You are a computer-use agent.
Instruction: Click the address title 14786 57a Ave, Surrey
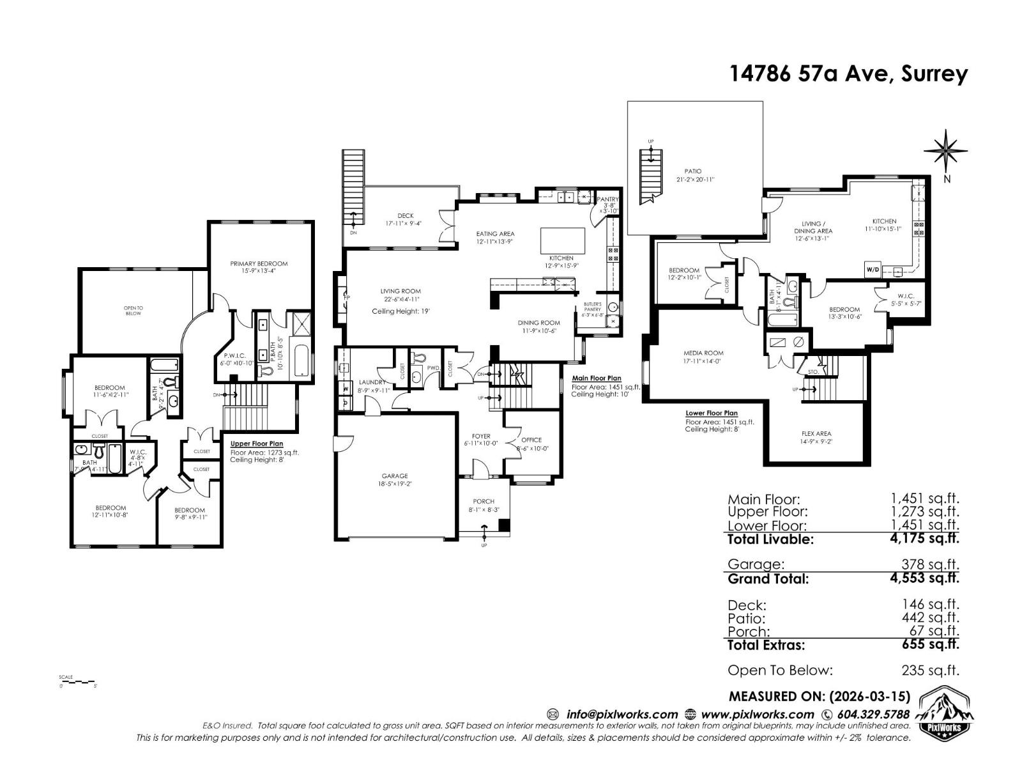point(848,74)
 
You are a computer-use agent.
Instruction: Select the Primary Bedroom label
point(259,263)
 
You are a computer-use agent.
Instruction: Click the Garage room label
point(395,476)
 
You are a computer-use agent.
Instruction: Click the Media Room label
point(703,353)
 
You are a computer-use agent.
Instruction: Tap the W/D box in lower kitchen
point(873,270)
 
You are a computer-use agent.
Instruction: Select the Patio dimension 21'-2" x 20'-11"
point(693,180)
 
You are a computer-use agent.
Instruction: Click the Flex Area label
point(816,434)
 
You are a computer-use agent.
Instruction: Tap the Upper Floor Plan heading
point(257,444)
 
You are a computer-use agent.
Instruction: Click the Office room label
point(531,440)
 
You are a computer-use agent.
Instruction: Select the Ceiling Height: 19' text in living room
point(400,311)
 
